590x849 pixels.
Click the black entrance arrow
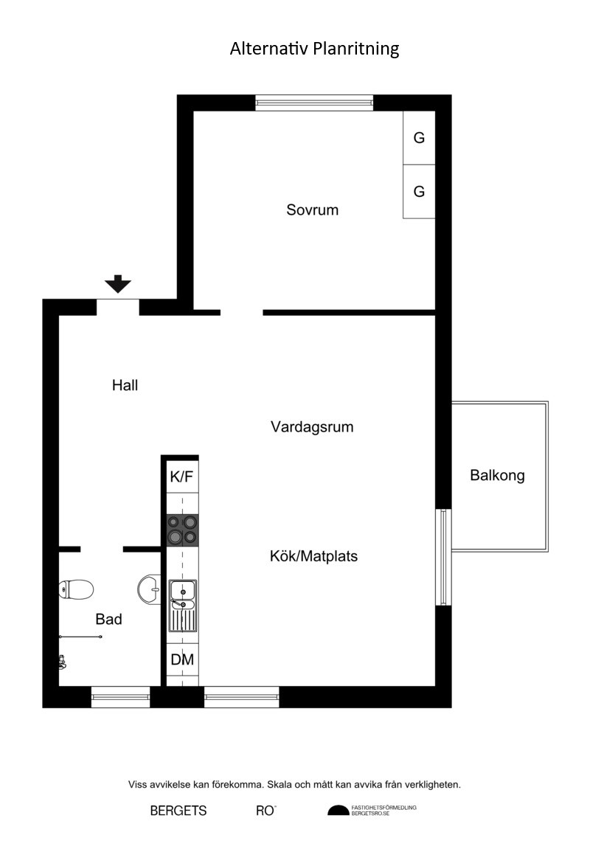[118, 284]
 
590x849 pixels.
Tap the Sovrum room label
[312, 209]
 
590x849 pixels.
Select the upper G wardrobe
[419, 137]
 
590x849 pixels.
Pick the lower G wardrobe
[419, 191]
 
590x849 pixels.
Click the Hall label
[125, 385]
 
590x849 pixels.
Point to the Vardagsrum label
[312, 426]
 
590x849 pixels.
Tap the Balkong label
[497, 476]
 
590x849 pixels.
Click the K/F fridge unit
[182, 477]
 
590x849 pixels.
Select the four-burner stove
[182, 530]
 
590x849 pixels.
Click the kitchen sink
[182, 606]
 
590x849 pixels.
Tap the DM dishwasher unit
[182, 659]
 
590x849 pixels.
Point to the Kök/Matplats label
[314, 556]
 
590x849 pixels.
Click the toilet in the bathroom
[76, 589]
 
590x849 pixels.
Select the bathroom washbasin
[149, 589]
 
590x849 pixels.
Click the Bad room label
[109, 619]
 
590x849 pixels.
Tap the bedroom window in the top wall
[314, 103]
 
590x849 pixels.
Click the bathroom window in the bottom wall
[120, 697]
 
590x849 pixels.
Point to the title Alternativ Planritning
[314, 49]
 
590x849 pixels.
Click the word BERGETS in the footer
[178, 811]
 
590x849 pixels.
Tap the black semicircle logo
[339, 811]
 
